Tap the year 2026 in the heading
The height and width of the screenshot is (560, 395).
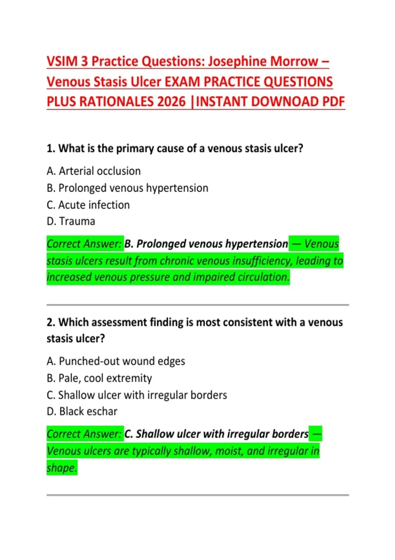point(171,102)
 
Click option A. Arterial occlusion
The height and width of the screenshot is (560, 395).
point(93,171)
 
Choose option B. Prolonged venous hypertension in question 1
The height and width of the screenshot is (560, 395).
point(127,188)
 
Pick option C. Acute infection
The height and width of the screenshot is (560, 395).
point(88,205)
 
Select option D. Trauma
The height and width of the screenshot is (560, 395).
point(71,221)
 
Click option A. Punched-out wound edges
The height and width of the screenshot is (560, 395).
point(116,361)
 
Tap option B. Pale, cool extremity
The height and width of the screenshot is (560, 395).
point(99,378)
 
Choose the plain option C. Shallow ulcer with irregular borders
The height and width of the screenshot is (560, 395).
point(137,395)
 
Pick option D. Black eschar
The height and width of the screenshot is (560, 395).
point(82,411)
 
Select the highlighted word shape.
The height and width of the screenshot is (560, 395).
point(62,468)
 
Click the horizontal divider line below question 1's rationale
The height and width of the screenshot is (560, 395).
point(197,305)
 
